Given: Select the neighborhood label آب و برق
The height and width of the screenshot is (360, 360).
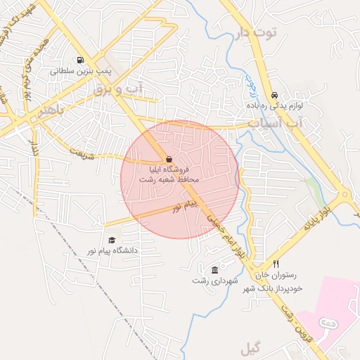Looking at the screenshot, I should (117, 89).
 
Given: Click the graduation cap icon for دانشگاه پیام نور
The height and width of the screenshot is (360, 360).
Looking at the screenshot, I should (112, 240).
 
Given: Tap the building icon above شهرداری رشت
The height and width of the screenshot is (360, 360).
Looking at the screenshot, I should (214, 270).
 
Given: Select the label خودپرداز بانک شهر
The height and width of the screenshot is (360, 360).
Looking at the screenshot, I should (274, 288).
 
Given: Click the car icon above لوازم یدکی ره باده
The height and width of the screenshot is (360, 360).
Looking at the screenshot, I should (274, 95).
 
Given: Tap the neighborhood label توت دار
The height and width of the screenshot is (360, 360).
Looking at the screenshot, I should (257, 32).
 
